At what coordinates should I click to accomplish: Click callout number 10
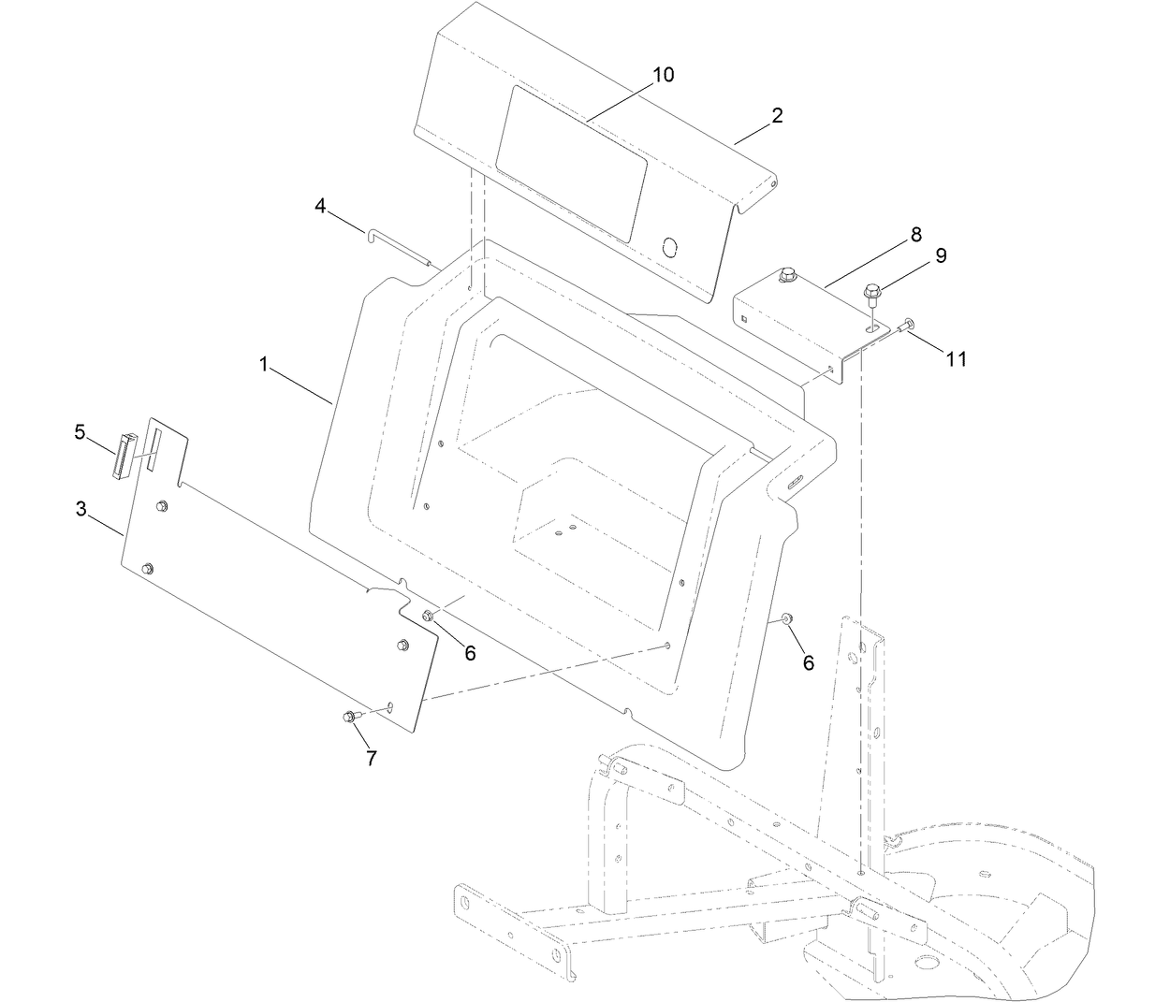pos(662,75)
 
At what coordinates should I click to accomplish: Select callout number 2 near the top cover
pos(777,116)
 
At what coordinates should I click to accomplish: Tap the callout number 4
pos(320,206)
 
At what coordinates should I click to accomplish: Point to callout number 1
pos(265,365)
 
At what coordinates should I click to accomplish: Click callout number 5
pos(80,431)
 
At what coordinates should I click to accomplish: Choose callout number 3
pos(81,510)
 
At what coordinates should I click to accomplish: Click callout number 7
pos(371,758)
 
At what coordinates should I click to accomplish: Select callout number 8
pos(914,235)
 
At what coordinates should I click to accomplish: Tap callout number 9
pos(940,254)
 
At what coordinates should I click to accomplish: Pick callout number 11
pos(955,358)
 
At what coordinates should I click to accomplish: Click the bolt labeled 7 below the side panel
pos(349,716)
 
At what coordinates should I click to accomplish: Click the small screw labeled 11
pos(906,325)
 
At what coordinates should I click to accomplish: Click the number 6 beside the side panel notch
pos(469,653)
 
